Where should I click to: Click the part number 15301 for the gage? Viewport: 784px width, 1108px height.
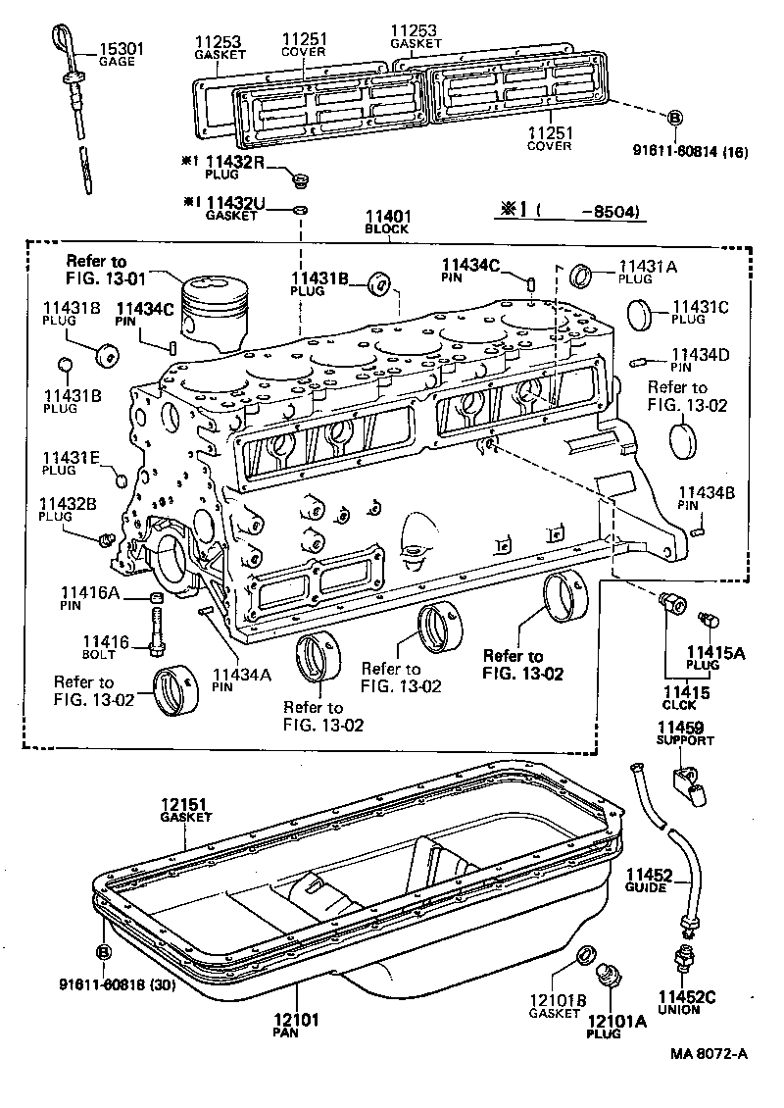pos(118,47)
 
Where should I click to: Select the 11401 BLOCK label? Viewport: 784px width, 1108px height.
pos(387,222)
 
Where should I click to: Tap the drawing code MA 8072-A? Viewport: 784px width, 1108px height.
pos(709,1053)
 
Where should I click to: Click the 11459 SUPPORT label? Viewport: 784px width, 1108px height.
pos(685,733)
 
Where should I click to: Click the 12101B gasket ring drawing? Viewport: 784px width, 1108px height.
pos(583,954)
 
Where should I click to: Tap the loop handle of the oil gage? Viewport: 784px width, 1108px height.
pos(57,43)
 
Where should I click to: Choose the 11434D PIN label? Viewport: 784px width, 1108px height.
pos(696,360)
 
